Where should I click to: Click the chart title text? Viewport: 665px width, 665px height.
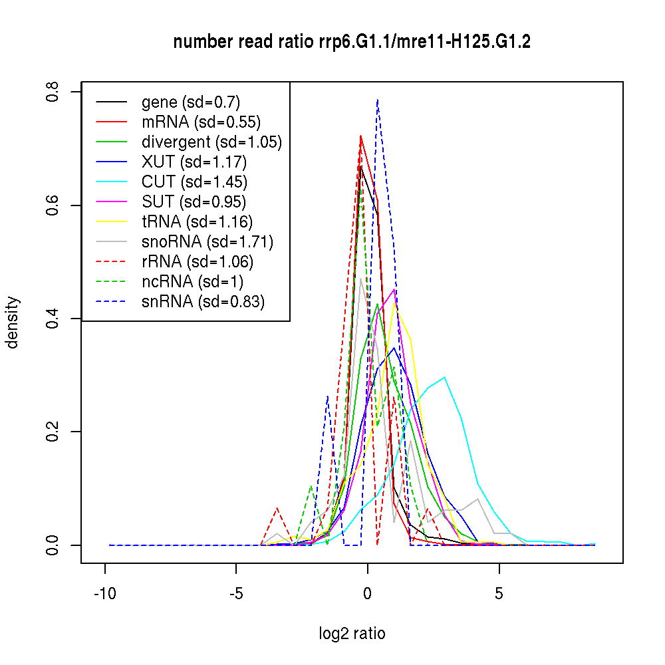pyautogui.click(x=352, y=42)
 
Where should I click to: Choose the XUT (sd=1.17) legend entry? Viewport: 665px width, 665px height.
pyautogui.click(x=194, y=162)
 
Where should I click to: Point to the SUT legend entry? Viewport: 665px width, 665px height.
pyautogui.click(x=194, y=201)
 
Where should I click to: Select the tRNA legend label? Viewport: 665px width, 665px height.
pyautogui.click(x=197, y=221)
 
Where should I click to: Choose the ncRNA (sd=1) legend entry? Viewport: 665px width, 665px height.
pyautogui.click(x=192, y=281)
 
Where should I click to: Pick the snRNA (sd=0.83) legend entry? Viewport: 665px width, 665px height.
pyautogui.click(x=203, y=301)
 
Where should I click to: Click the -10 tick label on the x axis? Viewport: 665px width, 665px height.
pyautogui.click(x=105, y=594)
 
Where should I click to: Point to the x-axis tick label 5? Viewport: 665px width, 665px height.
pyautogui.click(x=499, y=594)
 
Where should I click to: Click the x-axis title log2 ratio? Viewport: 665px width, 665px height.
pyautogui.click(x=352, y=634)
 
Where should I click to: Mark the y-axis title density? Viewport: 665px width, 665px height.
pyautogui.click(x=13, y=322)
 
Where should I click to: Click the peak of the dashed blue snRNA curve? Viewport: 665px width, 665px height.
pyautogui.click(x=378, y=100)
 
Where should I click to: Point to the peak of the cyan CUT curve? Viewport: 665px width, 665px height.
pyautogui.click(x=444, y=377)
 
